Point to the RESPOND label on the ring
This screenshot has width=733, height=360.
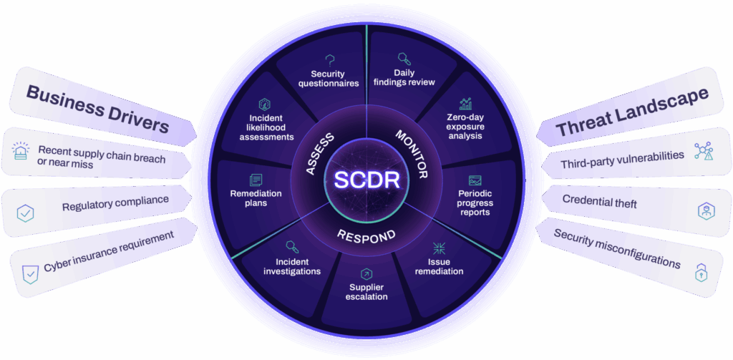pos(366,233)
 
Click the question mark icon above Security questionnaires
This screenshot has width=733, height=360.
pos(330,60)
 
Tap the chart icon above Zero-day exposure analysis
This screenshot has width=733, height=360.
pos(466,104)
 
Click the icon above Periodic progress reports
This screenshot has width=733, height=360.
pos(475,180)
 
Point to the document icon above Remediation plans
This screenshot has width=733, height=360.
pos(255,180)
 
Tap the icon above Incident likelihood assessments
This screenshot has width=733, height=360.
pos(265,104)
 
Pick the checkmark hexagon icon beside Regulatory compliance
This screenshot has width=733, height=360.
pos(25,213)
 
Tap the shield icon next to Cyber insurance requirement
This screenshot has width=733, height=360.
pos(30,273)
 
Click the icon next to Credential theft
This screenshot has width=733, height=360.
pos(706,210)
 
